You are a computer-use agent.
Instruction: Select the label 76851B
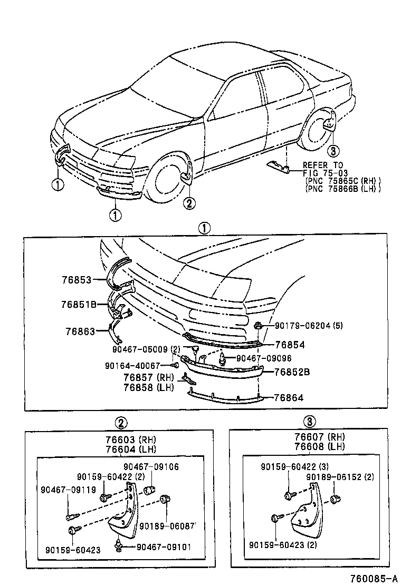[78, 305]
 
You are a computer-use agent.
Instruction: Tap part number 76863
[80, 331]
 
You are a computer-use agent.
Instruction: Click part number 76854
[290, 345]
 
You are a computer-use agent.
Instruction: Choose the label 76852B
[292, 372]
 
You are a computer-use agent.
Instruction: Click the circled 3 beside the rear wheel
[332, 150]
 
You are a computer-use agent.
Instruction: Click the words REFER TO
[322, 165]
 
